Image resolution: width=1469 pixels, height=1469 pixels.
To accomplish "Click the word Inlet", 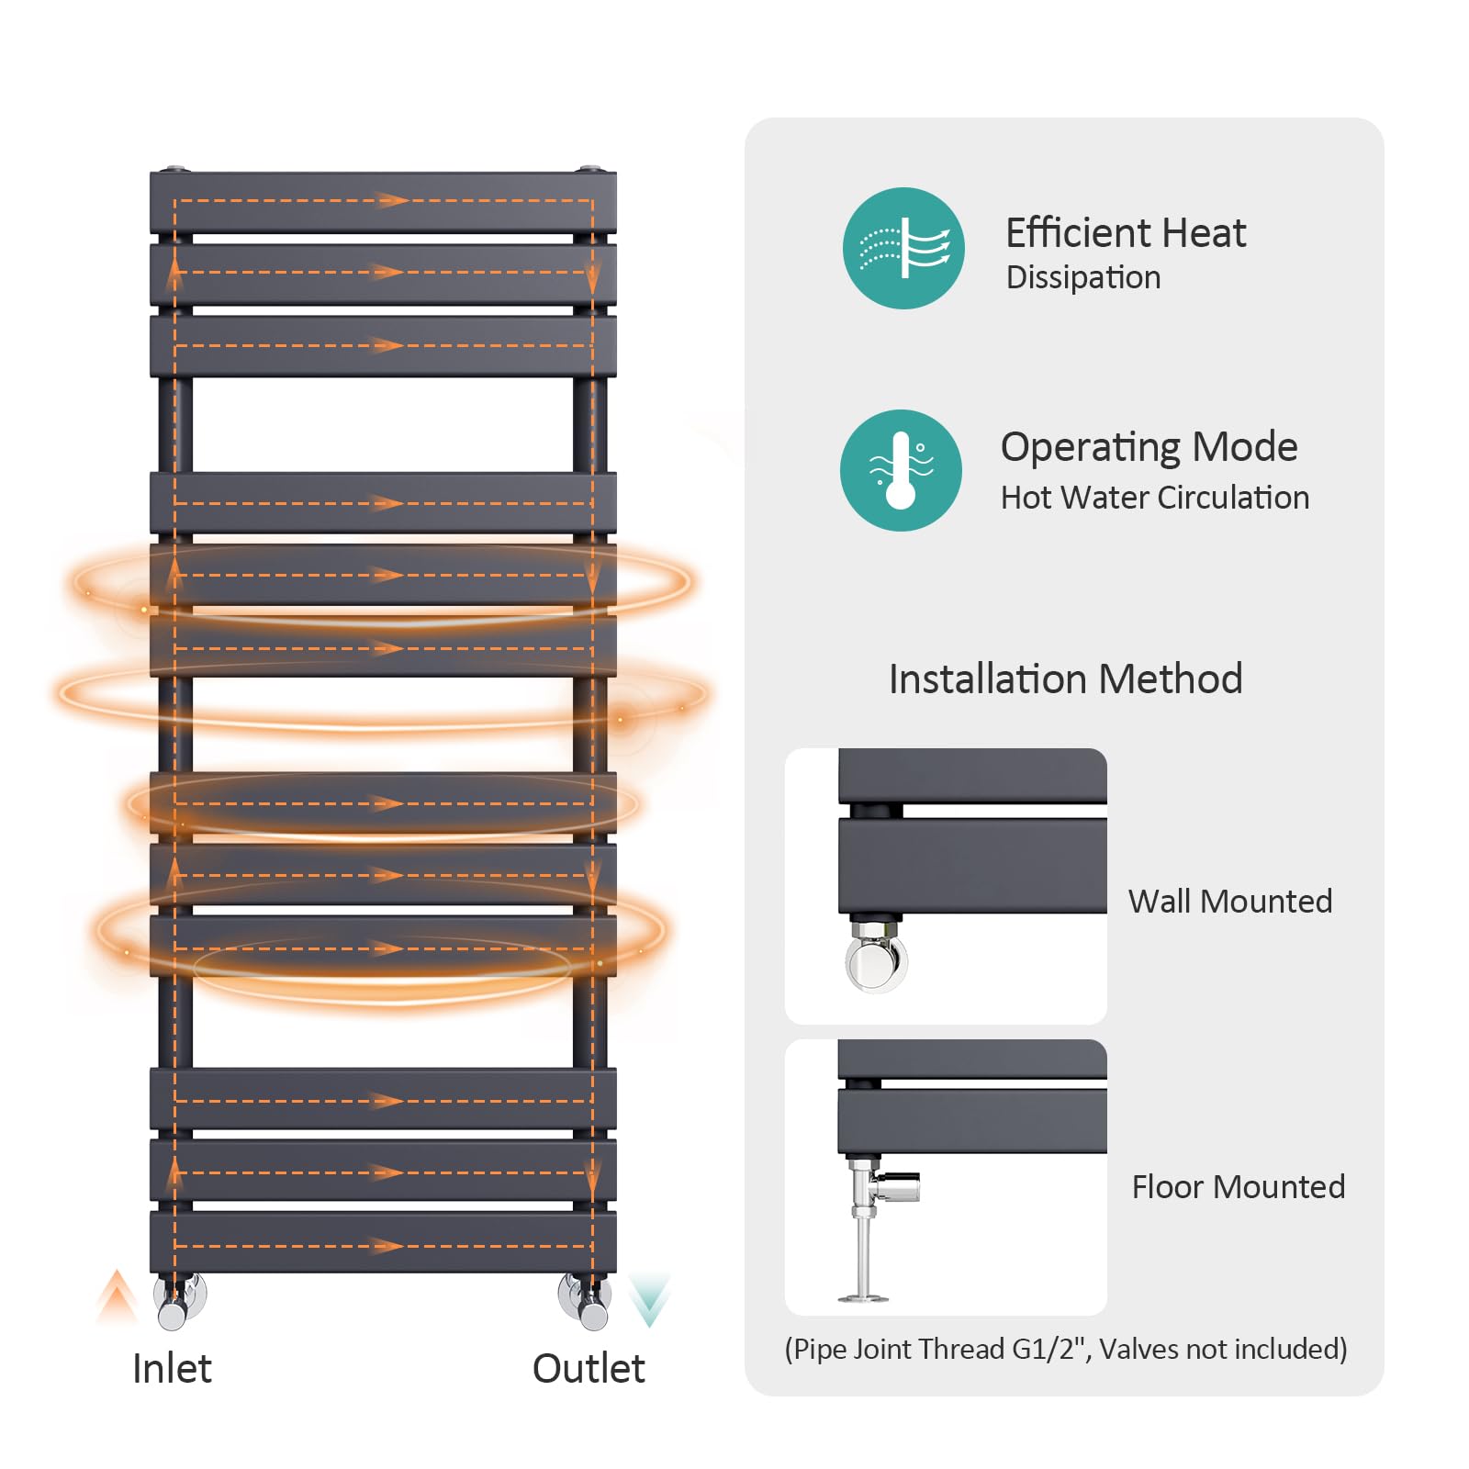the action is [x=172, y=1368].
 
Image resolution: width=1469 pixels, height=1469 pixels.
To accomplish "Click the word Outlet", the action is [x=589, y=1368].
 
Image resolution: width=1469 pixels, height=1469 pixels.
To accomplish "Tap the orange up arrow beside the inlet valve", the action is [x=118, y=1295].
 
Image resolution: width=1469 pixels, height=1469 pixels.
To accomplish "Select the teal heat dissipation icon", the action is [x=903, y=248].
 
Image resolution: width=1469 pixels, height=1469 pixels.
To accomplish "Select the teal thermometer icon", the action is [x=901, y=470].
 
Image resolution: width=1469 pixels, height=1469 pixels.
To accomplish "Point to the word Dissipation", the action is [x=1083, y=277].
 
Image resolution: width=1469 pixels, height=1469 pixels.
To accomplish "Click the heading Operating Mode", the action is [x=1149, y=448].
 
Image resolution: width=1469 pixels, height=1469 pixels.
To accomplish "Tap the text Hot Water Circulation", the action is [x=1155, y=498].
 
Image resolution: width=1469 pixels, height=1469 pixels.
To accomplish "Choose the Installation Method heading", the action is [x=1065, y=679].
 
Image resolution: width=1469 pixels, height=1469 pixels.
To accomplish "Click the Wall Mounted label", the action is [x=1230, y=902].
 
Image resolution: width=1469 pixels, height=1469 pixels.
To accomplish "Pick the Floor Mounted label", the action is [x=1239, y=1187].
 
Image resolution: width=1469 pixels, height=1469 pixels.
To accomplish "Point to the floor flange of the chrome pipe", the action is [x=863, y=1297].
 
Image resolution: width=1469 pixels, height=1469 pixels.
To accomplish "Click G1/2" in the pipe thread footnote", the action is [x=1051, y=1349].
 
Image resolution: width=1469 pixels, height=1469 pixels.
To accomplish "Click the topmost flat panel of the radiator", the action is [x=383, y=202].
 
